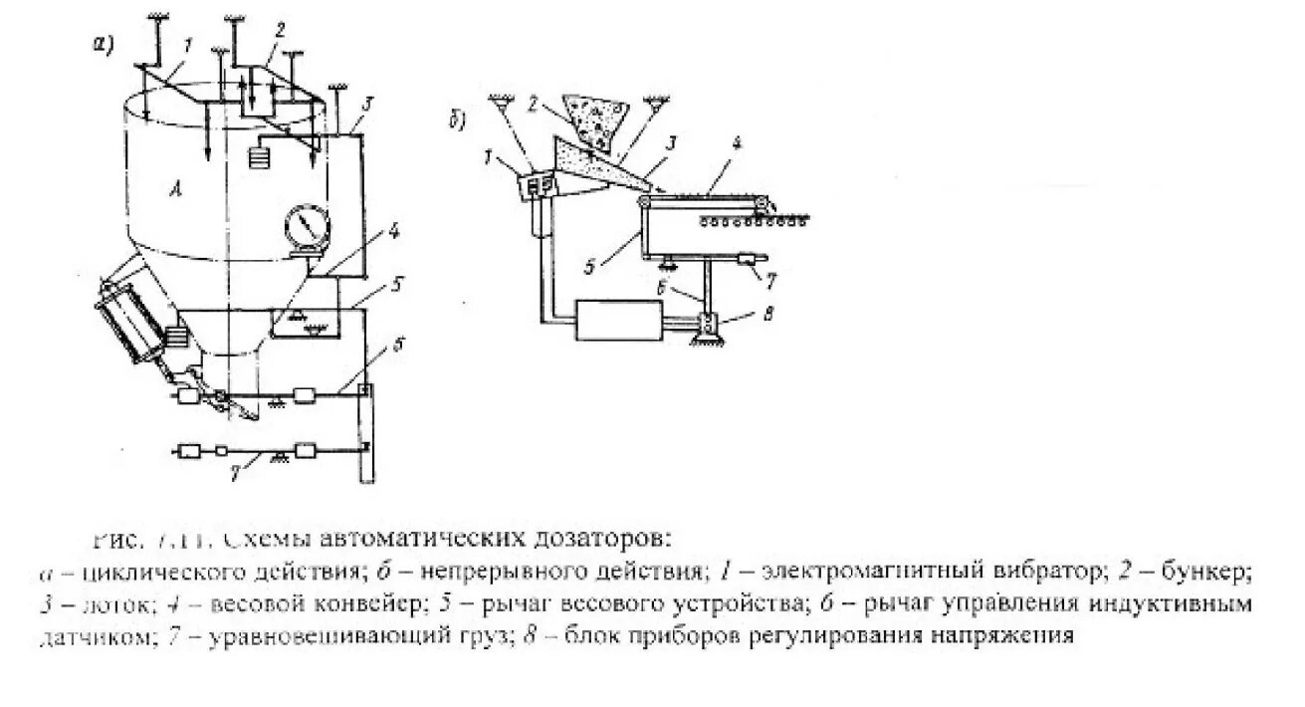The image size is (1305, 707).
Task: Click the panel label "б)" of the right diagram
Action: point(458,123)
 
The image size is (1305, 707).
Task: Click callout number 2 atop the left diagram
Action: point(281,30)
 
